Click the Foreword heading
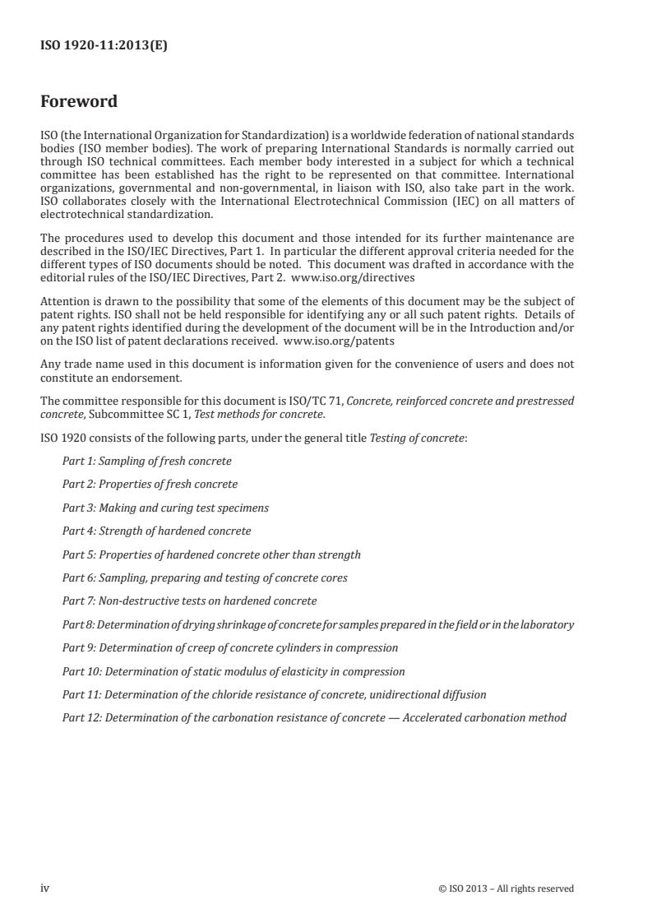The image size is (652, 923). coord(79,102)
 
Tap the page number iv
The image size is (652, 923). coord(45,888)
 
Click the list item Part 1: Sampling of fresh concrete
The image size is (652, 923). coord(146,461)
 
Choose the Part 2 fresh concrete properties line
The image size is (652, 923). coord(150,484)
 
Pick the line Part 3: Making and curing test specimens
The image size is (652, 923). coord(165,508)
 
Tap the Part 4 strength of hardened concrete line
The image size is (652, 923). coord(156,531)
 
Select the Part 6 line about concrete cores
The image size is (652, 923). coord(205,578)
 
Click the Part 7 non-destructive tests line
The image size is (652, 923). coord(189,601)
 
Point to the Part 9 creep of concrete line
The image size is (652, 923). coord(230,648)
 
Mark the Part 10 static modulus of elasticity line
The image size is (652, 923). coord(234,671)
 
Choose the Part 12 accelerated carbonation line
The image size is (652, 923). coord(314,718)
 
